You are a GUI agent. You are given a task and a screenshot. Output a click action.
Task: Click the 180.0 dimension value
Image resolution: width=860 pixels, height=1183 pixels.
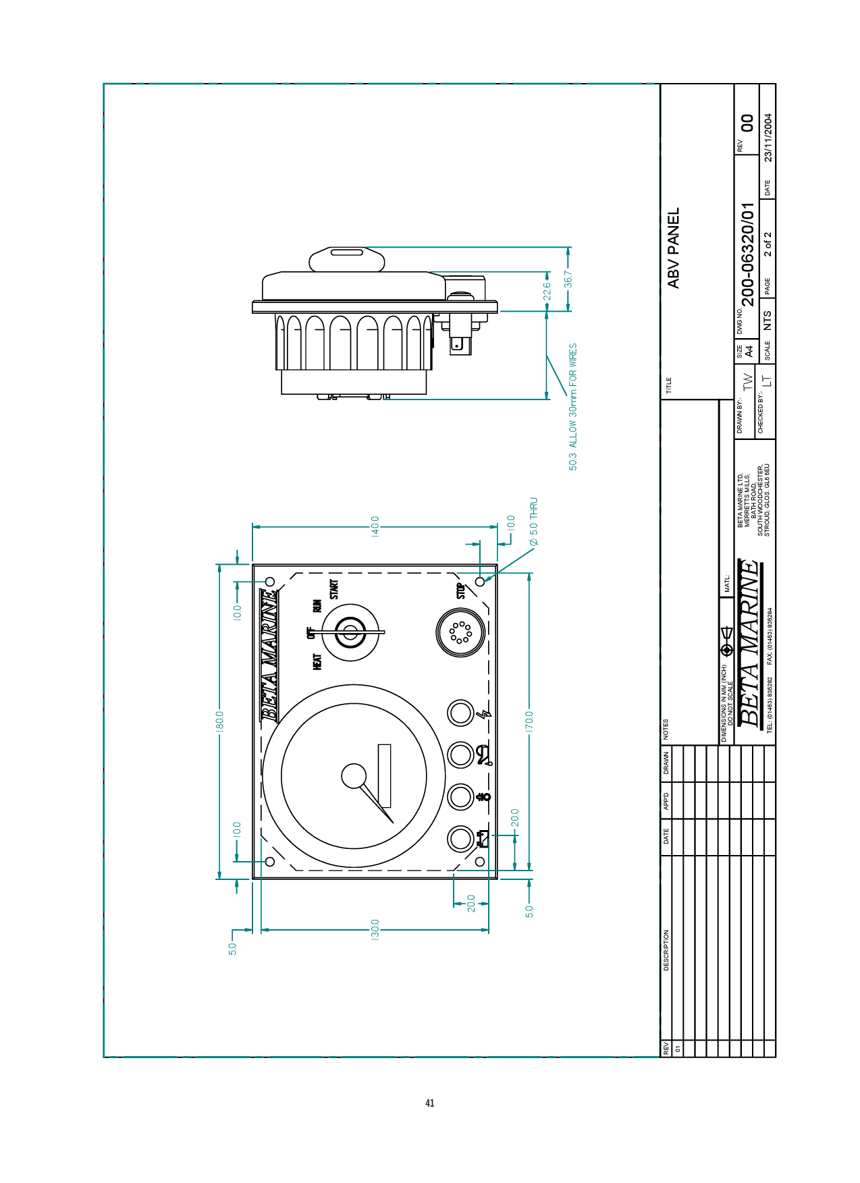tap(219, 719)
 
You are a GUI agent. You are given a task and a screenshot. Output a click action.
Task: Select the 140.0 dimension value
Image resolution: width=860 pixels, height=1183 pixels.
tap(375, 526)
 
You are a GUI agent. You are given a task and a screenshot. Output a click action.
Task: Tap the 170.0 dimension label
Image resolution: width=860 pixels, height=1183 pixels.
tap(529, 721)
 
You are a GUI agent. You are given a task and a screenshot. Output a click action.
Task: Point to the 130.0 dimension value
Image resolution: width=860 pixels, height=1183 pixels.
tap(375, 929)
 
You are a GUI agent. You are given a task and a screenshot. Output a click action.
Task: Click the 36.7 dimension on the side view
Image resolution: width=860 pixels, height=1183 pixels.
tap(568, 279)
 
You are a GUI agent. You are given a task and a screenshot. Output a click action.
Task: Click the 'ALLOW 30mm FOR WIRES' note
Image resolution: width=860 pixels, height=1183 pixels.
tap(572, 395)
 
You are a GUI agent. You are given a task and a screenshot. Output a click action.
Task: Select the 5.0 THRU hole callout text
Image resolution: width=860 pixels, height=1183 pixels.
tap(533, 522)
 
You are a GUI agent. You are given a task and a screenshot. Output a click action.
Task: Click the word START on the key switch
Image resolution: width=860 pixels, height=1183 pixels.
tap(333, 589)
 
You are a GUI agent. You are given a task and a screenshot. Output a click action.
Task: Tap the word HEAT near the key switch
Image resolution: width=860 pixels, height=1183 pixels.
tap(317, 661)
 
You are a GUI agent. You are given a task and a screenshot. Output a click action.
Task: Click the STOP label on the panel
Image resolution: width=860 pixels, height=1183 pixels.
tap(460, 591)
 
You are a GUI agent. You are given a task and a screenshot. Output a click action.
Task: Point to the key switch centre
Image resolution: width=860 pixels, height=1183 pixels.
tap(350, 632)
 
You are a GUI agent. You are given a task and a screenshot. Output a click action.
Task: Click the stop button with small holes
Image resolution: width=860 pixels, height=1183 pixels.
tap(461, 632)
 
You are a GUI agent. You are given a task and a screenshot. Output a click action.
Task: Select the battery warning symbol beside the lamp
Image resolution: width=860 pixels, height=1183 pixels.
tap(483, 839)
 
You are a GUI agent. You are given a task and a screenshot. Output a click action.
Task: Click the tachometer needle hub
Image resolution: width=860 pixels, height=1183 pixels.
tap(354, 776)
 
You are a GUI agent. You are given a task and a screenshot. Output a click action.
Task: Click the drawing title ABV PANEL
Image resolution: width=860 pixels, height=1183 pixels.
tap(673, 248)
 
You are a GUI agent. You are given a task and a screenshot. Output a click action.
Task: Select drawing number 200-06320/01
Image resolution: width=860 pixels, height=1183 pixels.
tap(747, 256)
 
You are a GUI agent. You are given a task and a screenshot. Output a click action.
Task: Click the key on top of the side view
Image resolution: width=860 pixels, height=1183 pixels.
tap(347, 260)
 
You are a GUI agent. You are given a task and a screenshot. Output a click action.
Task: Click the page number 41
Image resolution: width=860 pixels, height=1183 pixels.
tap(430, 1103)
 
